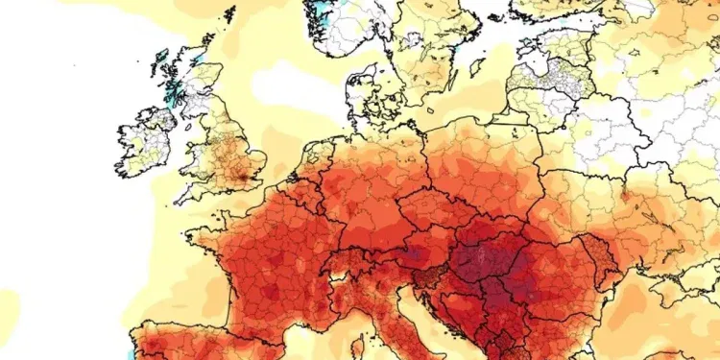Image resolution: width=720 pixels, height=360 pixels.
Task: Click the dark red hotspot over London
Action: coord(252,177)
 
